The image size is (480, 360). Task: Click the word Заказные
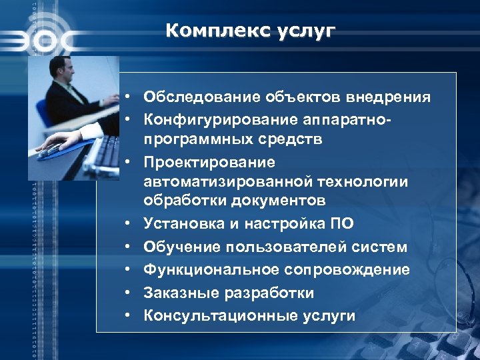click(181, 293)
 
